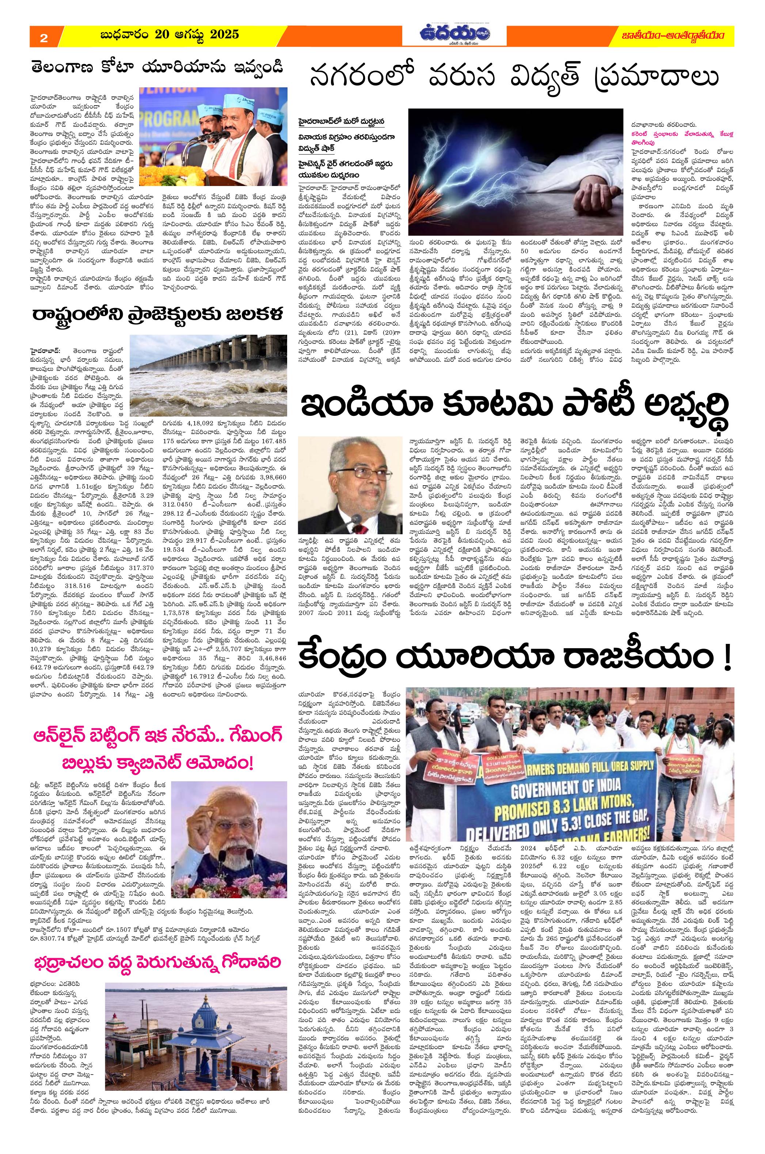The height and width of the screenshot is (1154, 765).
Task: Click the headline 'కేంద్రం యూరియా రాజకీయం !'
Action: (516, 658)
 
